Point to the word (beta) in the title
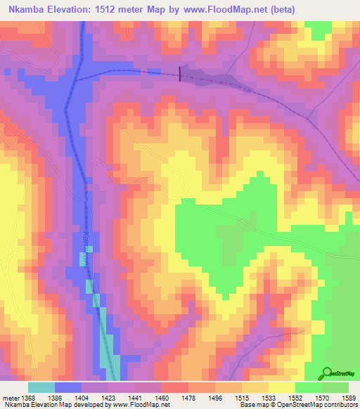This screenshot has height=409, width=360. (280, 9)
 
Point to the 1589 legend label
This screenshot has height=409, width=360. (347, 398)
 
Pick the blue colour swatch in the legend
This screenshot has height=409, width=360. (68, 387)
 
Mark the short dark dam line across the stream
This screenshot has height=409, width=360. (180, 73)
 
